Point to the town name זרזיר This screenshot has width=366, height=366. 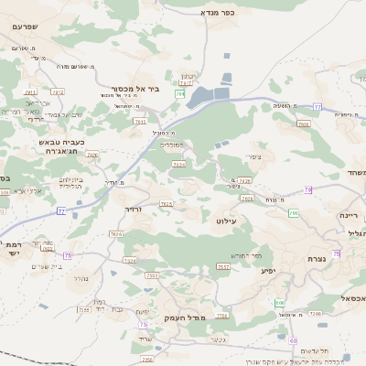coord(134,209)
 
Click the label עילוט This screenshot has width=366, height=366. coord(227,221)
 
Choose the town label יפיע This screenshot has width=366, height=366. coord(268,270)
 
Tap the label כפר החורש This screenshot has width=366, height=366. coord(247,255)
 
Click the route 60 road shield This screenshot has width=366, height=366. coord(294,339)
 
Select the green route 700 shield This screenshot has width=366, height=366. coord(293,213)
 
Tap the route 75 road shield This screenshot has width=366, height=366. coord(67,255)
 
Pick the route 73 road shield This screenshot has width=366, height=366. coord(143,324)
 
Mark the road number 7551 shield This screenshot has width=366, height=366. coord(152,274)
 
